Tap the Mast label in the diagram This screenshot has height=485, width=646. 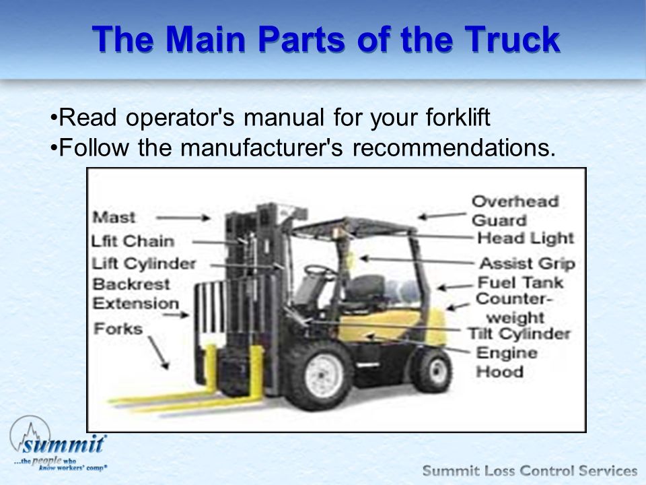click(114, 218)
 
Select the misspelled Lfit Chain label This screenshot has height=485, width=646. click(133, 241)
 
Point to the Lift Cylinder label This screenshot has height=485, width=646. click(144, 264)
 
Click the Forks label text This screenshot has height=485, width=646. click(118, 329)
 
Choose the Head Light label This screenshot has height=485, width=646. click(526, 238)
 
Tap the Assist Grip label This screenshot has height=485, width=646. click(528, 263)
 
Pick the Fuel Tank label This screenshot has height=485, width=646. click(520, 282)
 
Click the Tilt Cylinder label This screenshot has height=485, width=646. click(519, 333)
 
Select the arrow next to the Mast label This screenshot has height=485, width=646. click(183, 218)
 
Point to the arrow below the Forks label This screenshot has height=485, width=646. click(159, 352)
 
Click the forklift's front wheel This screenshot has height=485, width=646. click(324, 375)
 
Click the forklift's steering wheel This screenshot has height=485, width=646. click(319, 271)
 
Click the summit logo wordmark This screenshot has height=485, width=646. click(63, 444)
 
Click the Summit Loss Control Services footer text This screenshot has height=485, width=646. click(530, 471)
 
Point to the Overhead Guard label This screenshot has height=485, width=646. click(515, 211)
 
